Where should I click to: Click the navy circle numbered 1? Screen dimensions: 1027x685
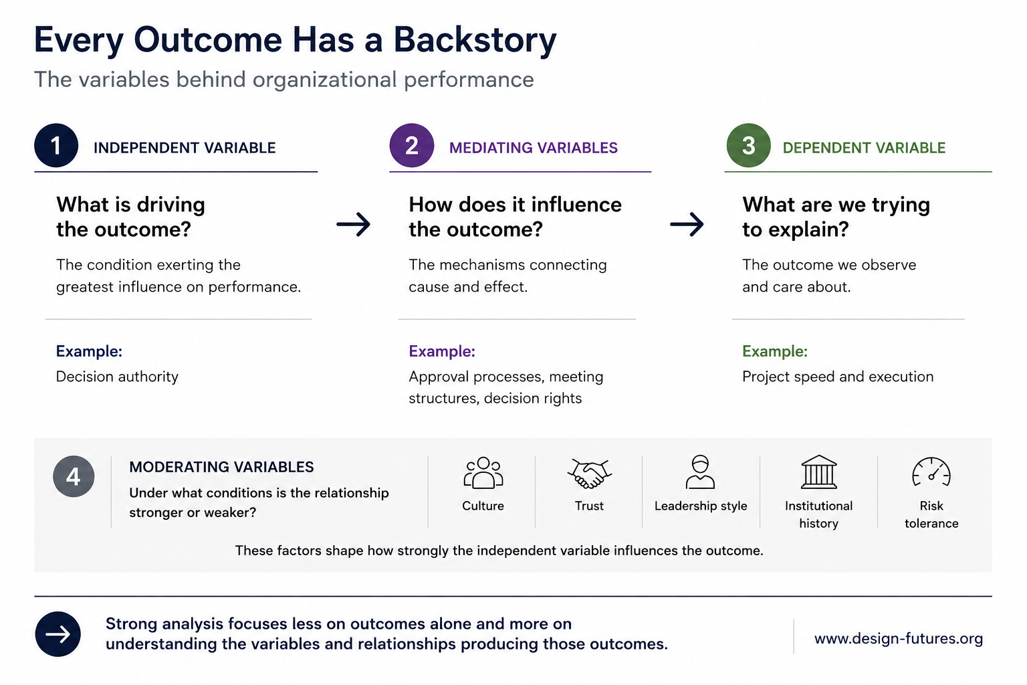click(56, 145)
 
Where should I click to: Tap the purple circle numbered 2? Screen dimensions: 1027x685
click(412, 145)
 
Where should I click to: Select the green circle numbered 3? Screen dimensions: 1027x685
click(748, 145)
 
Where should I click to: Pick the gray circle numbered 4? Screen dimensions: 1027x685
click(74, 476)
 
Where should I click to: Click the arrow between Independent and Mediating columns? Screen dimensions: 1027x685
click(353, 224)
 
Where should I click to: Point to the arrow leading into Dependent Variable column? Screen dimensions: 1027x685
click(687, 224)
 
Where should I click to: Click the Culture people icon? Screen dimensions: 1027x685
click(483, 472)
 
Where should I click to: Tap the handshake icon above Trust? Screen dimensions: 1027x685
click(590, 473)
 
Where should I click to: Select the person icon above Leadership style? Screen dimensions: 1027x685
click(700, 472)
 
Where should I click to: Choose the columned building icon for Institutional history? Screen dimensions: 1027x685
click(819, 472)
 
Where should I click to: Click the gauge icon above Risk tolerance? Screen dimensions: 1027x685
click(931, 472)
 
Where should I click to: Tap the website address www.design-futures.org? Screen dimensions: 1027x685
click(899, 639)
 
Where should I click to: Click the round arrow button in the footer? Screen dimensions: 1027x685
click(58, 634)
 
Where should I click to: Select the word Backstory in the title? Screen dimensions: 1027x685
click(475, 40)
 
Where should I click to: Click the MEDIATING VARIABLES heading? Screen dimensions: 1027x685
click(533, 148)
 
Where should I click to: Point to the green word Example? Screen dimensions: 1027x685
click(775, 351)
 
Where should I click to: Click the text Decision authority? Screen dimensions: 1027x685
click(117, 377)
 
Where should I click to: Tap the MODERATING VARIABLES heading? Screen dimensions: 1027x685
click(221, 467)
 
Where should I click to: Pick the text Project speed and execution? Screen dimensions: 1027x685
click(838, 377)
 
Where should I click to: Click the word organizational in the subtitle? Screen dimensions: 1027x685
click(324, 80)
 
